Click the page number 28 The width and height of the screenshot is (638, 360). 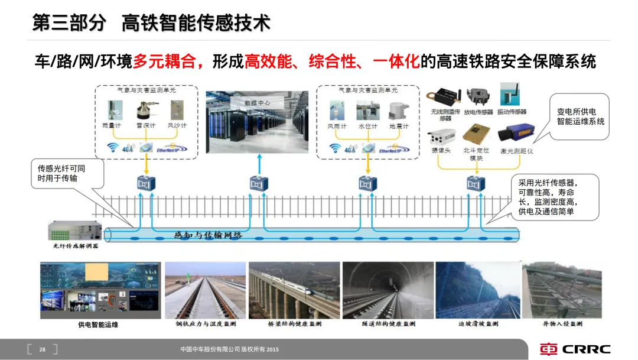[x=43, y=349]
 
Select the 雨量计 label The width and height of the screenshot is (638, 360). [x=112, y=126]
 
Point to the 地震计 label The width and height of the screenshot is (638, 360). [x=399, y=127]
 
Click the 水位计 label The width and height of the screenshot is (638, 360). [x=367, y=127]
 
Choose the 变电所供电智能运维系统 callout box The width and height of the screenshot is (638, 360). [x=580, y=116]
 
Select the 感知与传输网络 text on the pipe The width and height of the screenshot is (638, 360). [x=208, y=235]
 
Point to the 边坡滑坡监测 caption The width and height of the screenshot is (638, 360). [x=478, y=324]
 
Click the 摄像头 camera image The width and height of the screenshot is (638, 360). [x=441, y=135]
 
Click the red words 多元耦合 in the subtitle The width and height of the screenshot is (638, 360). [x=168, y=61]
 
